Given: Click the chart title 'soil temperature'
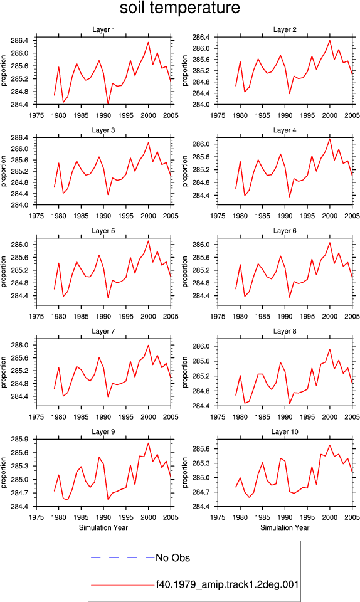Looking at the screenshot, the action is click(x=179, y=8).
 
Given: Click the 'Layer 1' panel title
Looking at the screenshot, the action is click(x=103, y=29).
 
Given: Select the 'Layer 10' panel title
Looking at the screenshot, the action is click(x=284, y=431).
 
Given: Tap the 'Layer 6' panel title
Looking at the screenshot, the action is click(x=284, y=230).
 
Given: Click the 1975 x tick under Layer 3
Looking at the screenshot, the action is click(x=36, y=216).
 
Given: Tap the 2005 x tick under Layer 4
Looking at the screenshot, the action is click(x=352, y=216).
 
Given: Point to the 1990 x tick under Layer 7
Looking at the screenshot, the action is click(x=103, y=417).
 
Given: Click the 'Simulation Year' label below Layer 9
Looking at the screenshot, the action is click(x=103, y=527).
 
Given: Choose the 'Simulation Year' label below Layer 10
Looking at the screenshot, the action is click(x=284, y=527).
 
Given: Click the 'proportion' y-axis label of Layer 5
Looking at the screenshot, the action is click(x=4, y=272).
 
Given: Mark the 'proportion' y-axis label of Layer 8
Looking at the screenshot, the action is click(x=185, y=372).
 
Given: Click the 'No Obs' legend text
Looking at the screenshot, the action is click(x=172, y=557).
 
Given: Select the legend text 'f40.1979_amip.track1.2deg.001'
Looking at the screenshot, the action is click(x=227, y=584).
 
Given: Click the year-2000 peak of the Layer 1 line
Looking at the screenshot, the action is click(x=149, y=42).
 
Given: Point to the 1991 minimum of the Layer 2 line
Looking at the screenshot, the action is click(x=289, y=93).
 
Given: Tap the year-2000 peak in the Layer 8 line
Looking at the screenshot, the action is click(x=330, y=349).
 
